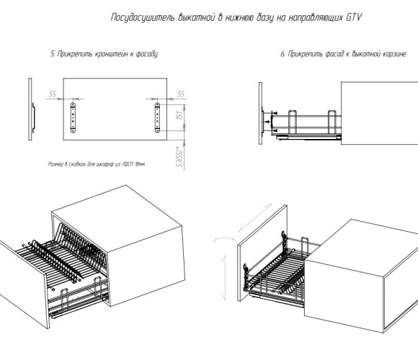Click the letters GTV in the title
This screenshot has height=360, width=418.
point(354,17)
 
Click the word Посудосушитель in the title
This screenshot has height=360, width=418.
point(143,17)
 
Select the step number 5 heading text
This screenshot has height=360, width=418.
point(104,54)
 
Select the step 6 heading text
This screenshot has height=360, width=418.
point(343,54)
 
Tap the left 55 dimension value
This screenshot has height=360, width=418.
point(53,94)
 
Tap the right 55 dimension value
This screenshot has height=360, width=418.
point(181,94)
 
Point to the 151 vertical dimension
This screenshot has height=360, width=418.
point(180,115)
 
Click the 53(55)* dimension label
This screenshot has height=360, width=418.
point(180,157)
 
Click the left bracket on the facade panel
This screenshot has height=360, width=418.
point(73,117)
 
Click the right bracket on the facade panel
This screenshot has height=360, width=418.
point(157,117)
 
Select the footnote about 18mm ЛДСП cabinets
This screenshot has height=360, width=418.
point(97,164)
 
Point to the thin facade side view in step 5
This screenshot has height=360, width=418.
point(30,109)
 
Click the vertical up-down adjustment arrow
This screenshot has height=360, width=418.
point(224,278)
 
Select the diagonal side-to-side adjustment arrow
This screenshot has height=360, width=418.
point(255,217)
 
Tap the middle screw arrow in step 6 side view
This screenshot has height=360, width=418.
point(267,122)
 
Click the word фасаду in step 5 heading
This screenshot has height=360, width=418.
point(147,54)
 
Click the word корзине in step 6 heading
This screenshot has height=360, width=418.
point(394,54)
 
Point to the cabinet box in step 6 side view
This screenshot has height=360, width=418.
point(380,113)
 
